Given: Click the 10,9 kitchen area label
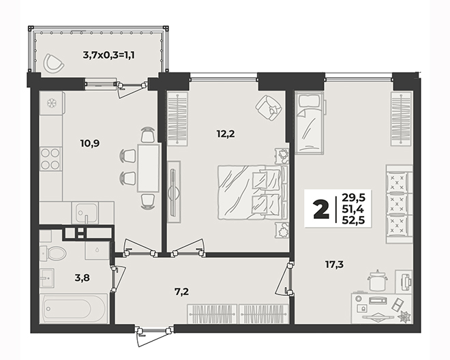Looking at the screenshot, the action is pyautogui.click(x=90, y=143).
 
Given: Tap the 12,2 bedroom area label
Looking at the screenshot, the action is pyautogui.click(x=226, y=134).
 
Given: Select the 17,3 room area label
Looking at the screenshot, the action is pyautogui.click(x=334, y=265).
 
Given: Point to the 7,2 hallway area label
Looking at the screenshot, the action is pyautogui.click(x=181, y=292).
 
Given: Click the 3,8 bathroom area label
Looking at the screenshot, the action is pyautogui.click(x=82, y=277).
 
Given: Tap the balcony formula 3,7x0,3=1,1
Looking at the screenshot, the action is pyautogui.click(x=109, y=55).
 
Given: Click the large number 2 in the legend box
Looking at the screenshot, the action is pyautogui.click(x=321, y=209).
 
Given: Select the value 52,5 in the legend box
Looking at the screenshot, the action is pyautogui.click(x=353, y=220).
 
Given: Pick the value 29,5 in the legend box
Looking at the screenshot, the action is pyautogui.click(x=353, y=198).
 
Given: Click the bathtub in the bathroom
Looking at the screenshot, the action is pyautogui.click(x=74, y=309).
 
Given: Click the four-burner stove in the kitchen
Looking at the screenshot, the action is pyautogui.click(x=50, y=159).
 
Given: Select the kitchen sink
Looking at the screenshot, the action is pyautogui.click(x=85, y=213).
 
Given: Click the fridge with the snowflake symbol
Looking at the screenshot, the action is pyautogui.click(x=52, y=103).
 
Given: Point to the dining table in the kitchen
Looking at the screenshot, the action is pyautogui.click(x=148, y=168).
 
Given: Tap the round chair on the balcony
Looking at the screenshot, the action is pyautogui.click(x=54, y=63).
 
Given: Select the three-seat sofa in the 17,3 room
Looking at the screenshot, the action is pyautogui.click(x=399, y=204).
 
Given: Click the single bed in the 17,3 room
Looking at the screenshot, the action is pyautogui.click(x=310, y=123).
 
